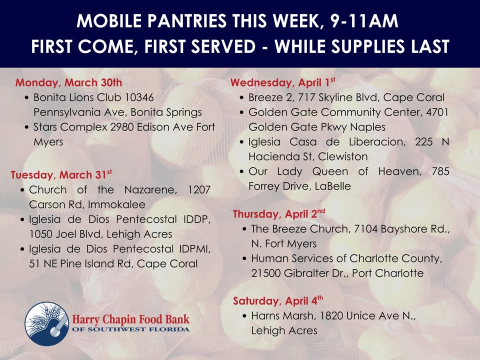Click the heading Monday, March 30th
[68, 82]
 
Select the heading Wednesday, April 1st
[282, 82]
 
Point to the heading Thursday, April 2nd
[279, 214]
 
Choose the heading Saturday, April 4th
[278, 300]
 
